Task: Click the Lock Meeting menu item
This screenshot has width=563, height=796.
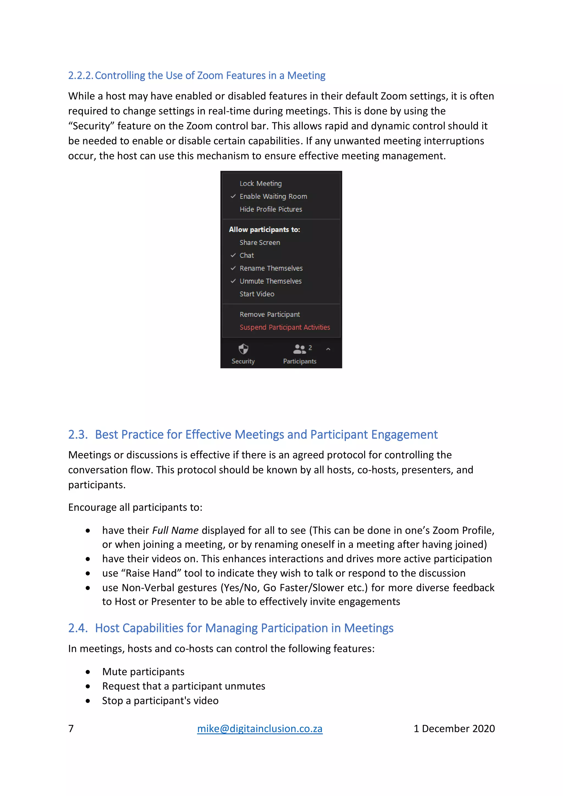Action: (260, 183)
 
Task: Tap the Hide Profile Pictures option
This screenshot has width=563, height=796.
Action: (271, 209)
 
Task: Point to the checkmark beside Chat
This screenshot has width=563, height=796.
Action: (233, 255)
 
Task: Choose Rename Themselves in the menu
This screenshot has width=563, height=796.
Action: (271, 268)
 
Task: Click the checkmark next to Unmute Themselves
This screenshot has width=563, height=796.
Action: (233, 281)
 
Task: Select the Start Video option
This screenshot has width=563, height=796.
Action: (256, 294)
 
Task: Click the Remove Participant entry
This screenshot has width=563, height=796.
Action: (269, 314)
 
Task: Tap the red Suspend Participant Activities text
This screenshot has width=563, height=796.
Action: (284, 327)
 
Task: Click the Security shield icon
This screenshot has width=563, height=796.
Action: (243, 349)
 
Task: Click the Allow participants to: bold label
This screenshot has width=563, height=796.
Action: (264, 230)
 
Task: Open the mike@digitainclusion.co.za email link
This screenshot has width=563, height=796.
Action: (260, 728)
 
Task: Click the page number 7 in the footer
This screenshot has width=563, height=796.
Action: (71, 728)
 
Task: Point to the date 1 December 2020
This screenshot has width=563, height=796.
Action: (454, 728)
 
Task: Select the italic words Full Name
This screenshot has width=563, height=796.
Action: (175, 530)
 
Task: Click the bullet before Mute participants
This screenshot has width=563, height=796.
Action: (88, 672)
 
